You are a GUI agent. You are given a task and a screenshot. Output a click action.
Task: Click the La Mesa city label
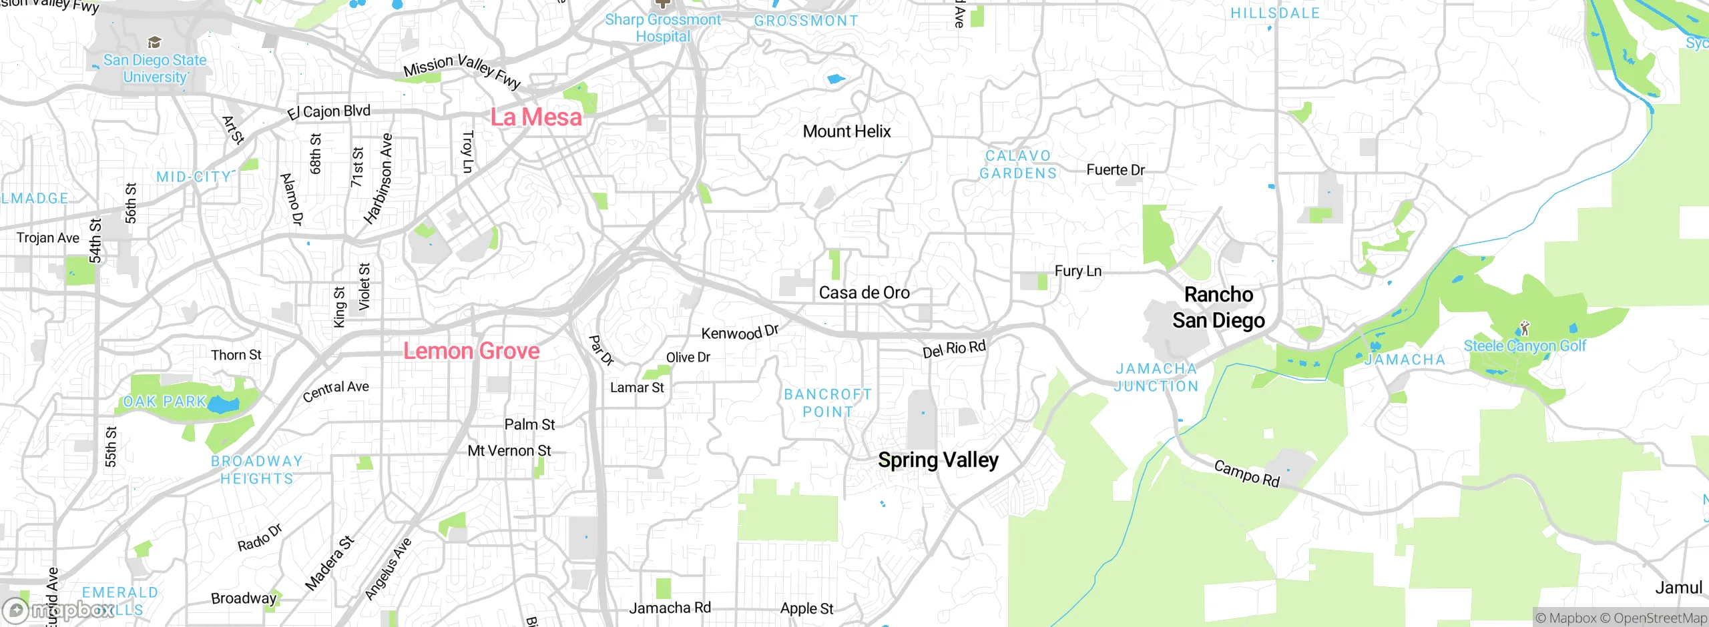click(536, 117)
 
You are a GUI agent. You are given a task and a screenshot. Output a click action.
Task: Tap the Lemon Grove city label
click(471, 351)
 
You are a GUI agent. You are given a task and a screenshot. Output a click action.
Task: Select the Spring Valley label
click(938, 460)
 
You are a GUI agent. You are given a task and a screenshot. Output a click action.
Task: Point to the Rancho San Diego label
click(1218, 307)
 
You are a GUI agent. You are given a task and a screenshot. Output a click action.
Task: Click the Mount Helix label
click(846, 131)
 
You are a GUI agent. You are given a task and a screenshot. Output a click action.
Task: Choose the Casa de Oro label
click(864, 293)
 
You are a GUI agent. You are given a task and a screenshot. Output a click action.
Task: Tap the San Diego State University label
click(155, 68)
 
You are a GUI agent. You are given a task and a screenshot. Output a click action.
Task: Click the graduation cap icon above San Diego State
click(154, 43)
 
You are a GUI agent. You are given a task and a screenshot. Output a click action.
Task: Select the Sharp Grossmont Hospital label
click(662, 28)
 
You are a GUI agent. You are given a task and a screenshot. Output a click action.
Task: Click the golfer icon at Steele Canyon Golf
click(1524, 328)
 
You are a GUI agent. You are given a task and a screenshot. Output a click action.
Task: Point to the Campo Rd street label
click(1246, 474)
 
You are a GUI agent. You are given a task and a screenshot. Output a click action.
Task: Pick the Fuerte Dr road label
click(1116, 170)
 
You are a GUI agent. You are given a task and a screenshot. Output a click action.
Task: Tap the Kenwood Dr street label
click(740, 332)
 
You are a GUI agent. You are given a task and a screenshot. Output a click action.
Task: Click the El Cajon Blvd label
click(328, 111)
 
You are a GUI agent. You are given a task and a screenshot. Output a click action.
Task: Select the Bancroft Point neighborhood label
click(828, 403)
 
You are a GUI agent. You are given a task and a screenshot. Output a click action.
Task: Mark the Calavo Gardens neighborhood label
click(1018, 164)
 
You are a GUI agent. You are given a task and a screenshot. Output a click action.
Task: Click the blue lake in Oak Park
click(224, 404)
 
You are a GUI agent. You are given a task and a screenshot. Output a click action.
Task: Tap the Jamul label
click(1678, 588)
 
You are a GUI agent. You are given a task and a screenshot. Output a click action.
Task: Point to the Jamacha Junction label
click(1156, 377)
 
